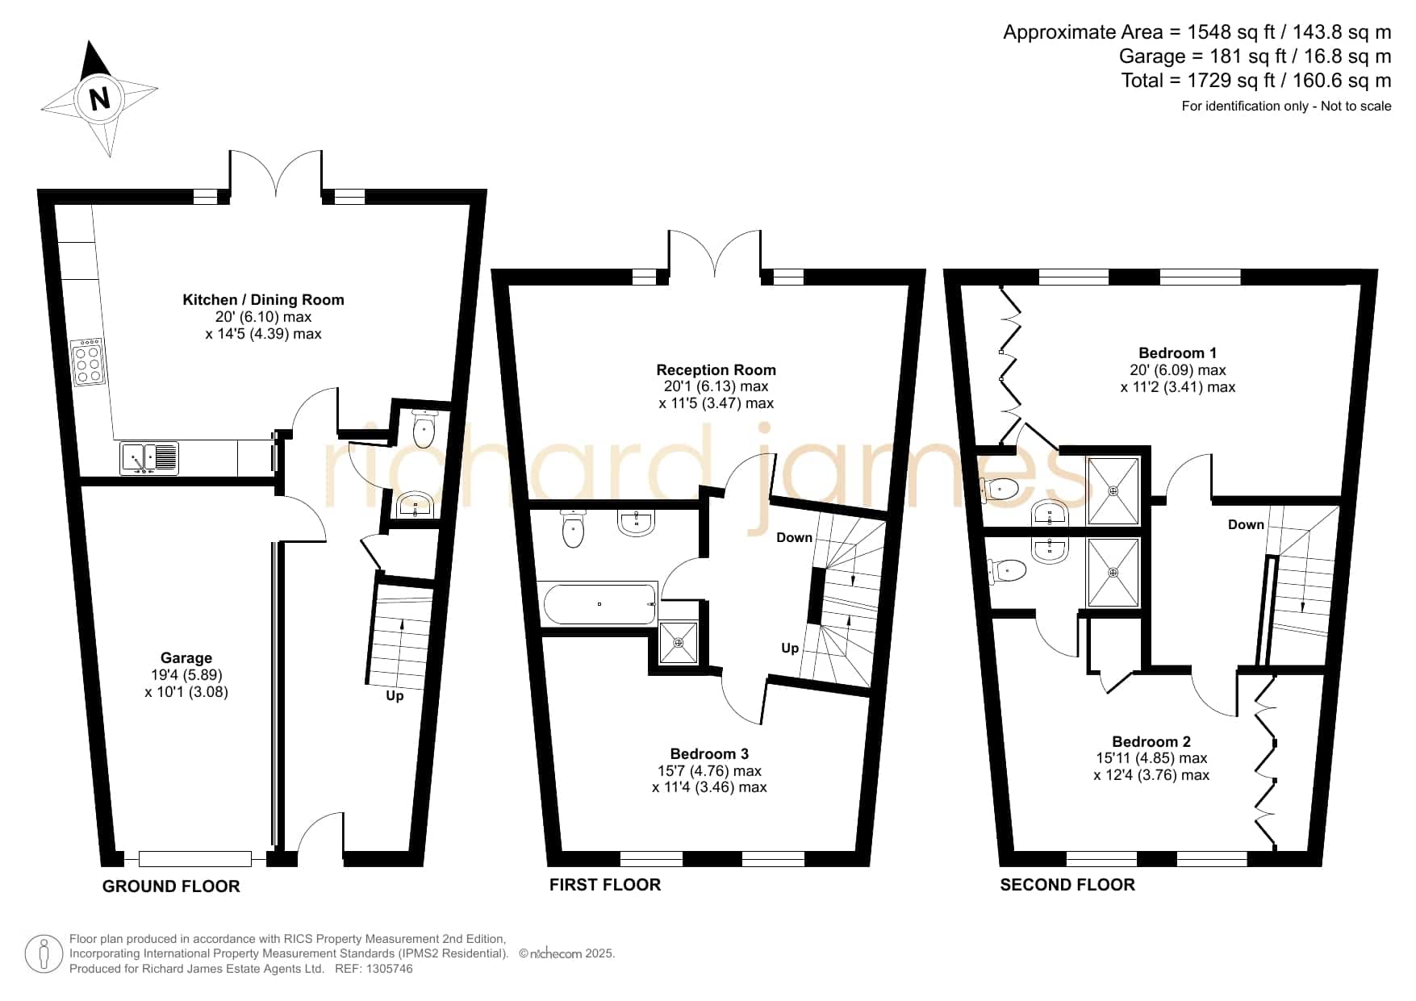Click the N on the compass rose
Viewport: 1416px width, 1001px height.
pos(99,99)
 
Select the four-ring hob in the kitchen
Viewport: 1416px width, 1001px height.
pos(87,362)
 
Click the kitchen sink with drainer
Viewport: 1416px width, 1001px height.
pos(149,458)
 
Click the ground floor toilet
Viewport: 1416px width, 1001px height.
pos(424,428)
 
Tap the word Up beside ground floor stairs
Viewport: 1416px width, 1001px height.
pos(395,695)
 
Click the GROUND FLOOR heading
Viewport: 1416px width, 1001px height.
pos(171,886)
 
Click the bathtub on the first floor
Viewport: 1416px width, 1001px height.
pos(599,604)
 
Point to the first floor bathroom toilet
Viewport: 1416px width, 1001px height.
pos(573,528)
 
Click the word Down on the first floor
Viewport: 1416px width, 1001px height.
pos(794,538)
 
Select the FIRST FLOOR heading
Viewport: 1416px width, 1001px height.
pos(605,885)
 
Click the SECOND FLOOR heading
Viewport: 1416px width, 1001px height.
pos(1067,885)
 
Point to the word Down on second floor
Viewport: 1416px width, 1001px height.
pos(1246,525)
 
